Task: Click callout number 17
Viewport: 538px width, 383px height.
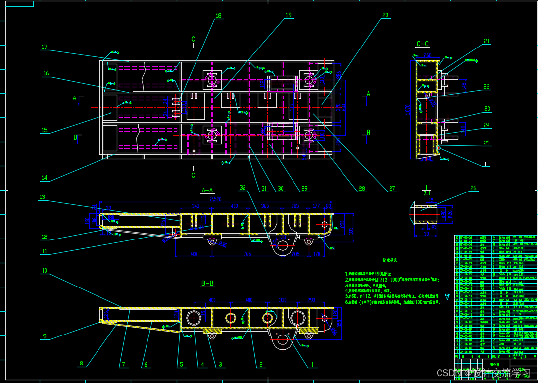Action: click(44, 48)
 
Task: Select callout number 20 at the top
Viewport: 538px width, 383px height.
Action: click(385, 15)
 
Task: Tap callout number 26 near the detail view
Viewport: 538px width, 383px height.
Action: click(473, 188)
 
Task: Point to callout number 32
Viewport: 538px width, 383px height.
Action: click(242, 188)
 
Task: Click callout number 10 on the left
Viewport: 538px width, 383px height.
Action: click(44, 271)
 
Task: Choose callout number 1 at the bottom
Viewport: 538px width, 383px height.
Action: click(312, 365)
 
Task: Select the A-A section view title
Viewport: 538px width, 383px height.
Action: click(207, 190)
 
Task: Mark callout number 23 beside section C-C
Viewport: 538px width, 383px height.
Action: click(487, 109)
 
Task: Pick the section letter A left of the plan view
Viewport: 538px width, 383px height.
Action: click(75, 98)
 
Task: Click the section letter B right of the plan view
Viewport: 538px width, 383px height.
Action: click(368, 132)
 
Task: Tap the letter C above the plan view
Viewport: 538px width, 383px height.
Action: click(193, 39)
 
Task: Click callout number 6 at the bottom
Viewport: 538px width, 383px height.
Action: click(145, 365)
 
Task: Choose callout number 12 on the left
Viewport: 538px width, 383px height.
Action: click(44, 237)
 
